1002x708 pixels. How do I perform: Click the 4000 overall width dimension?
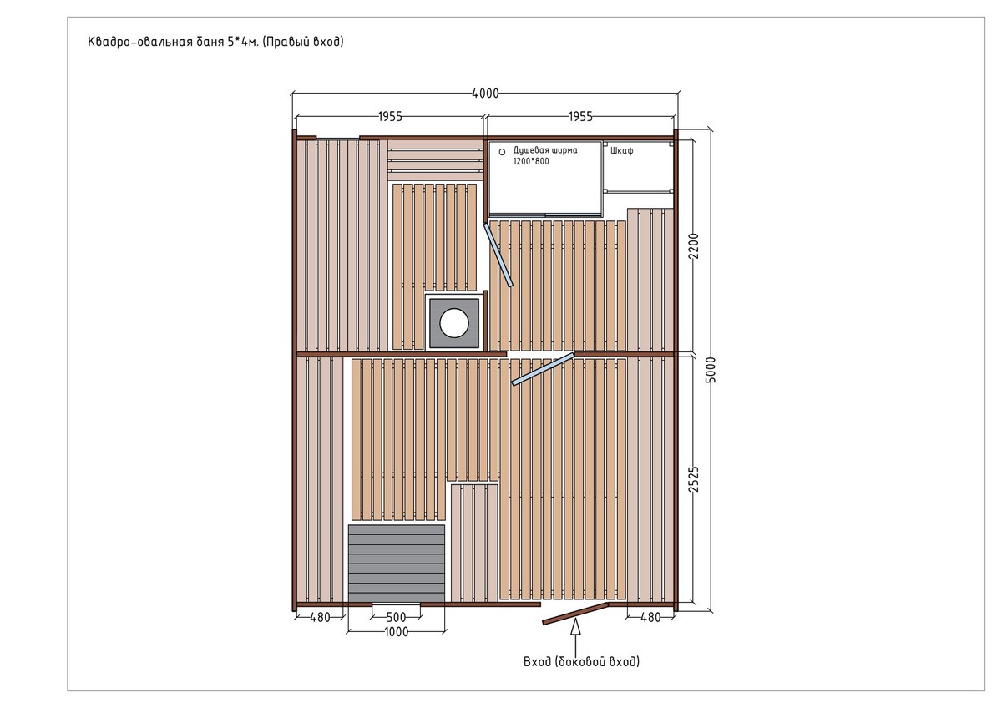485,94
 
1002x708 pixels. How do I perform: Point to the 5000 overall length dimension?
711,370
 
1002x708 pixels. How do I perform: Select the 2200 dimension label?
693,246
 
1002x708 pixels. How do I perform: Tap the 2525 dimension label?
693,479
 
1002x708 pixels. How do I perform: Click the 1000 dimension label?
397,632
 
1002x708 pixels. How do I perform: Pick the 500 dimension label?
396,618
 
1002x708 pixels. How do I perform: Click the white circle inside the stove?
454,322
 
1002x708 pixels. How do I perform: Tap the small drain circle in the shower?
502,152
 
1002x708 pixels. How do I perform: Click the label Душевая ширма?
544,150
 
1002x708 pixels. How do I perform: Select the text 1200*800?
531,161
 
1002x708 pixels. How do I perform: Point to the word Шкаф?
622,151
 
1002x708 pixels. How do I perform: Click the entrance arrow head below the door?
575,627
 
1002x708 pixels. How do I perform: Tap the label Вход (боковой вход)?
581,661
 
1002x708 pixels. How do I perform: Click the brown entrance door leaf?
575,613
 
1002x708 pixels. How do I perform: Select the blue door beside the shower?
498,255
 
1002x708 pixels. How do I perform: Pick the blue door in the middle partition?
543,369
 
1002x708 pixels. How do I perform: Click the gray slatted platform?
397,564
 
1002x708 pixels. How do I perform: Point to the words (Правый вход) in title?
303,42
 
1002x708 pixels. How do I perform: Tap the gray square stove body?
454,323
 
